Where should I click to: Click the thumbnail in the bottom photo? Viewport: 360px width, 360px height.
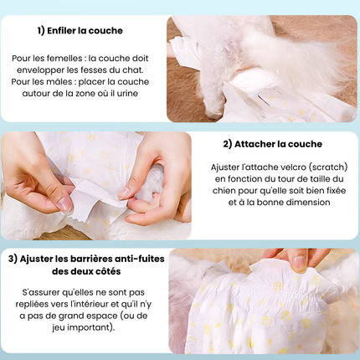(300, 262)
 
